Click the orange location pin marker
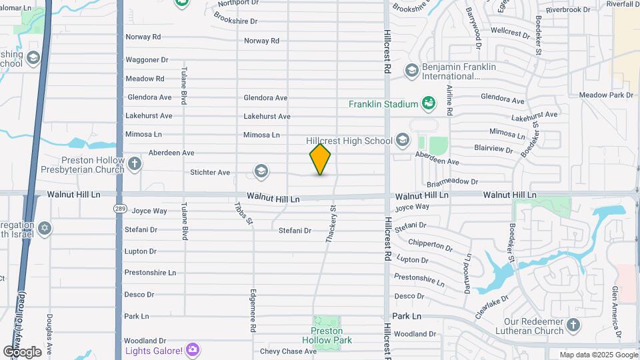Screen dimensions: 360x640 [x=320, y=159]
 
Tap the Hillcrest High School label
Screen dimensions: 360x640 [x=349, y=141]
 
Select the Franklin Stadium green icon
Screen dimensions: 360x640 [x=429, y=103]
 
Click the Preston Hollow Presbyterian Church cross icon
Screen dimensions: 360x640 [x=135, y=164]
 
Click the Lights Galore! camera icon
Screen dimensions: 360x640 [x=193, y=349]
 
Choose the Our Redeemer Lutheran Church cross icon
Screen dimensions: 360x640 [x=573, y=326]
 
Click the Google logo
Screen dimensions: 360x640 [x=22, y=351]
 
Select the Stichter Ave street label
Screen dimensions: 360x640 [x=210, y=173]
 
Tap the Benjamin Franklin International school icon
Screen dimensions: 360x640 [x=411, y=69]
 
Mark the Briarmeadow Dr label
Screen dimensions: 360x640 [x=451, y=181]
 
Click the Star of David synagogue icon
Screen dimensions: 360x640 [x=45, y=229]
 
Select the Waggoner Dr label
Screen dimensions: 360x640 [x=147, y=59]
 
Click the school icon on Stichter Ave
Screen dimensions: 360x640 [x=261, y=173]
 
